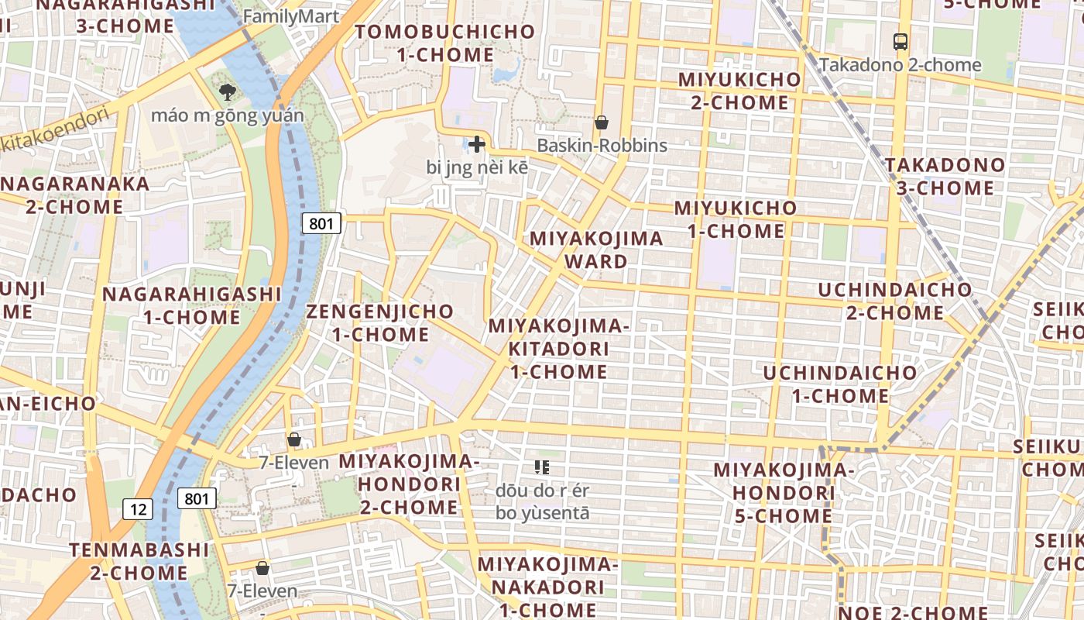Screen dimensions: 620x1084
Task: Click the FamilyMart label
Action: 291,16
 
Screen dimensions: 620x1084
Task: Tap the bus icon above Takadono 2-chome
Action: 900,42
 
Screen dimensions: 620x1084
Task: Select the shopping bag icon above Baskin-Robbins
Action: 601,122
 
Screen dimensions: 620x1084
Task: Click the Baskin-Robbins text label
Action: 602,146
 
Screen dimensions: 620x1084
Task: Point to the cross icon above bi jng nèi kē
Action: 476,144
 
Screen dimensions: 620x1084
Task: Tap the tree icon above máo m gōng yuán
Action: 227,93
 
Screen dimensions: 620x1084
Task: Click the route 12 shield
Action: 138,509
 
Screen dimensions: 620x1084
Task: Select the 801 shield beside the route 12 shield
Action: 197,498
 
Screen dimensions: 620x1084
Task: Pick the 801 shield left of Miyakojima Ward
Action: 321,224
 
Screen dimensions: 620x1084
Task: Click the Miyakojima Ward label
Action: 596,250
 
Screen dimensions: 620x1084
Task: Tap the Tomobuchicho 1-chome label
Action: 445,43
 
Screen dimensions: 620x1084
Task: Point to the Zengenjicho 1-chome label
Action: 380,323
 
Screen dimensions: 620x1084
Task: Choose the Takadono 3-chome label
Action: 945,176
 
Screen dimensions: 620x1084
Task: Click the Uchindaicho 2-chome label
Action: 896,301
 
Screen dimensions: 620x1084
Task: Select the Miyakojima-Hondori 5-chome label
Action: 783,492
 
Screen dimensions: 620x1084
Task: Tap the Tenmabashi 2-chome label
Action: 139,562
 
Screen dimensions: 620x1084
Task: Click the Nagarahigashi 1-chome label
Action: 192,305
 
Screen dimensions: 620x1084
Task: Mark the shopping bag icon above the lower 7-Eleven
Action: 262,568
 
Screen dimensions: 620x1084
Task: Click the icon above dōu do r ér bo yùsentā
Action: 542,467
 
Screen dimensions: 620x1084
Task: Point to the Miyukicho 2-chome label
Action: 739,91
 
